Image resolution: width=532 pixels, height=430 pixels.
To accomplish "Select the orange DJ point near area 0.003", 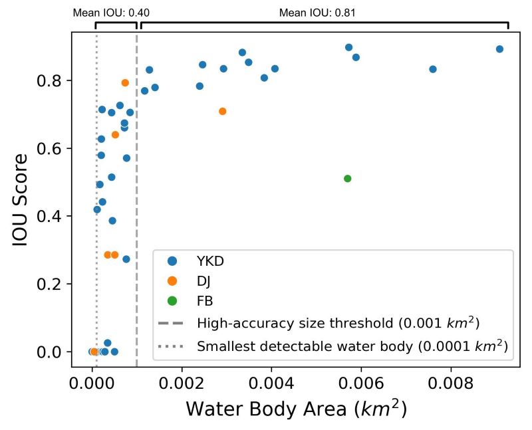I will tap(223, 111).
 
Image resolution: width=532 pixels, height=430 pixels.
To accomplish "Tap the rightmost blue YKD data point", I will tap(499, 49).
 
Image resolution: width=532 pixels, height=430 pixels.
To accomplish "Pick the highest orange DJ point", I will tap(125, 82).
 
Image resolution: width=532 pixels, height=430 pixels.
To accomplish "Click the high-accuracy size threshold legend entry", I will tap(338, 324).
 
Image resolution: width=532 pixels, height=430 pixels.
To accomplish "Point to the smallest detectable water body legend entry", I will tap(352, 346).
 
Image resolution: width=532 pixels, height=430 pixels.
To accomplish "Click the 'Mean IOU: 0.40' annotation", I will tap(111, 12).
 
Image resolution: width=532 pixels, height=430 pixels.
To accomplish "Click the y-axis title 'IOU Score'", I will tap(21, 199).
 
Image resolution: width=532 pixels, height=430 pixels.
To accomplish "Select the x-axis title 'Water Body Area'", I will tap(295, 409).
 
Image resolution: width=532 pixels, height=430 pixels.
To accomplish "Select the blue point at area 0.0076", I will tap(433, 69).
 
